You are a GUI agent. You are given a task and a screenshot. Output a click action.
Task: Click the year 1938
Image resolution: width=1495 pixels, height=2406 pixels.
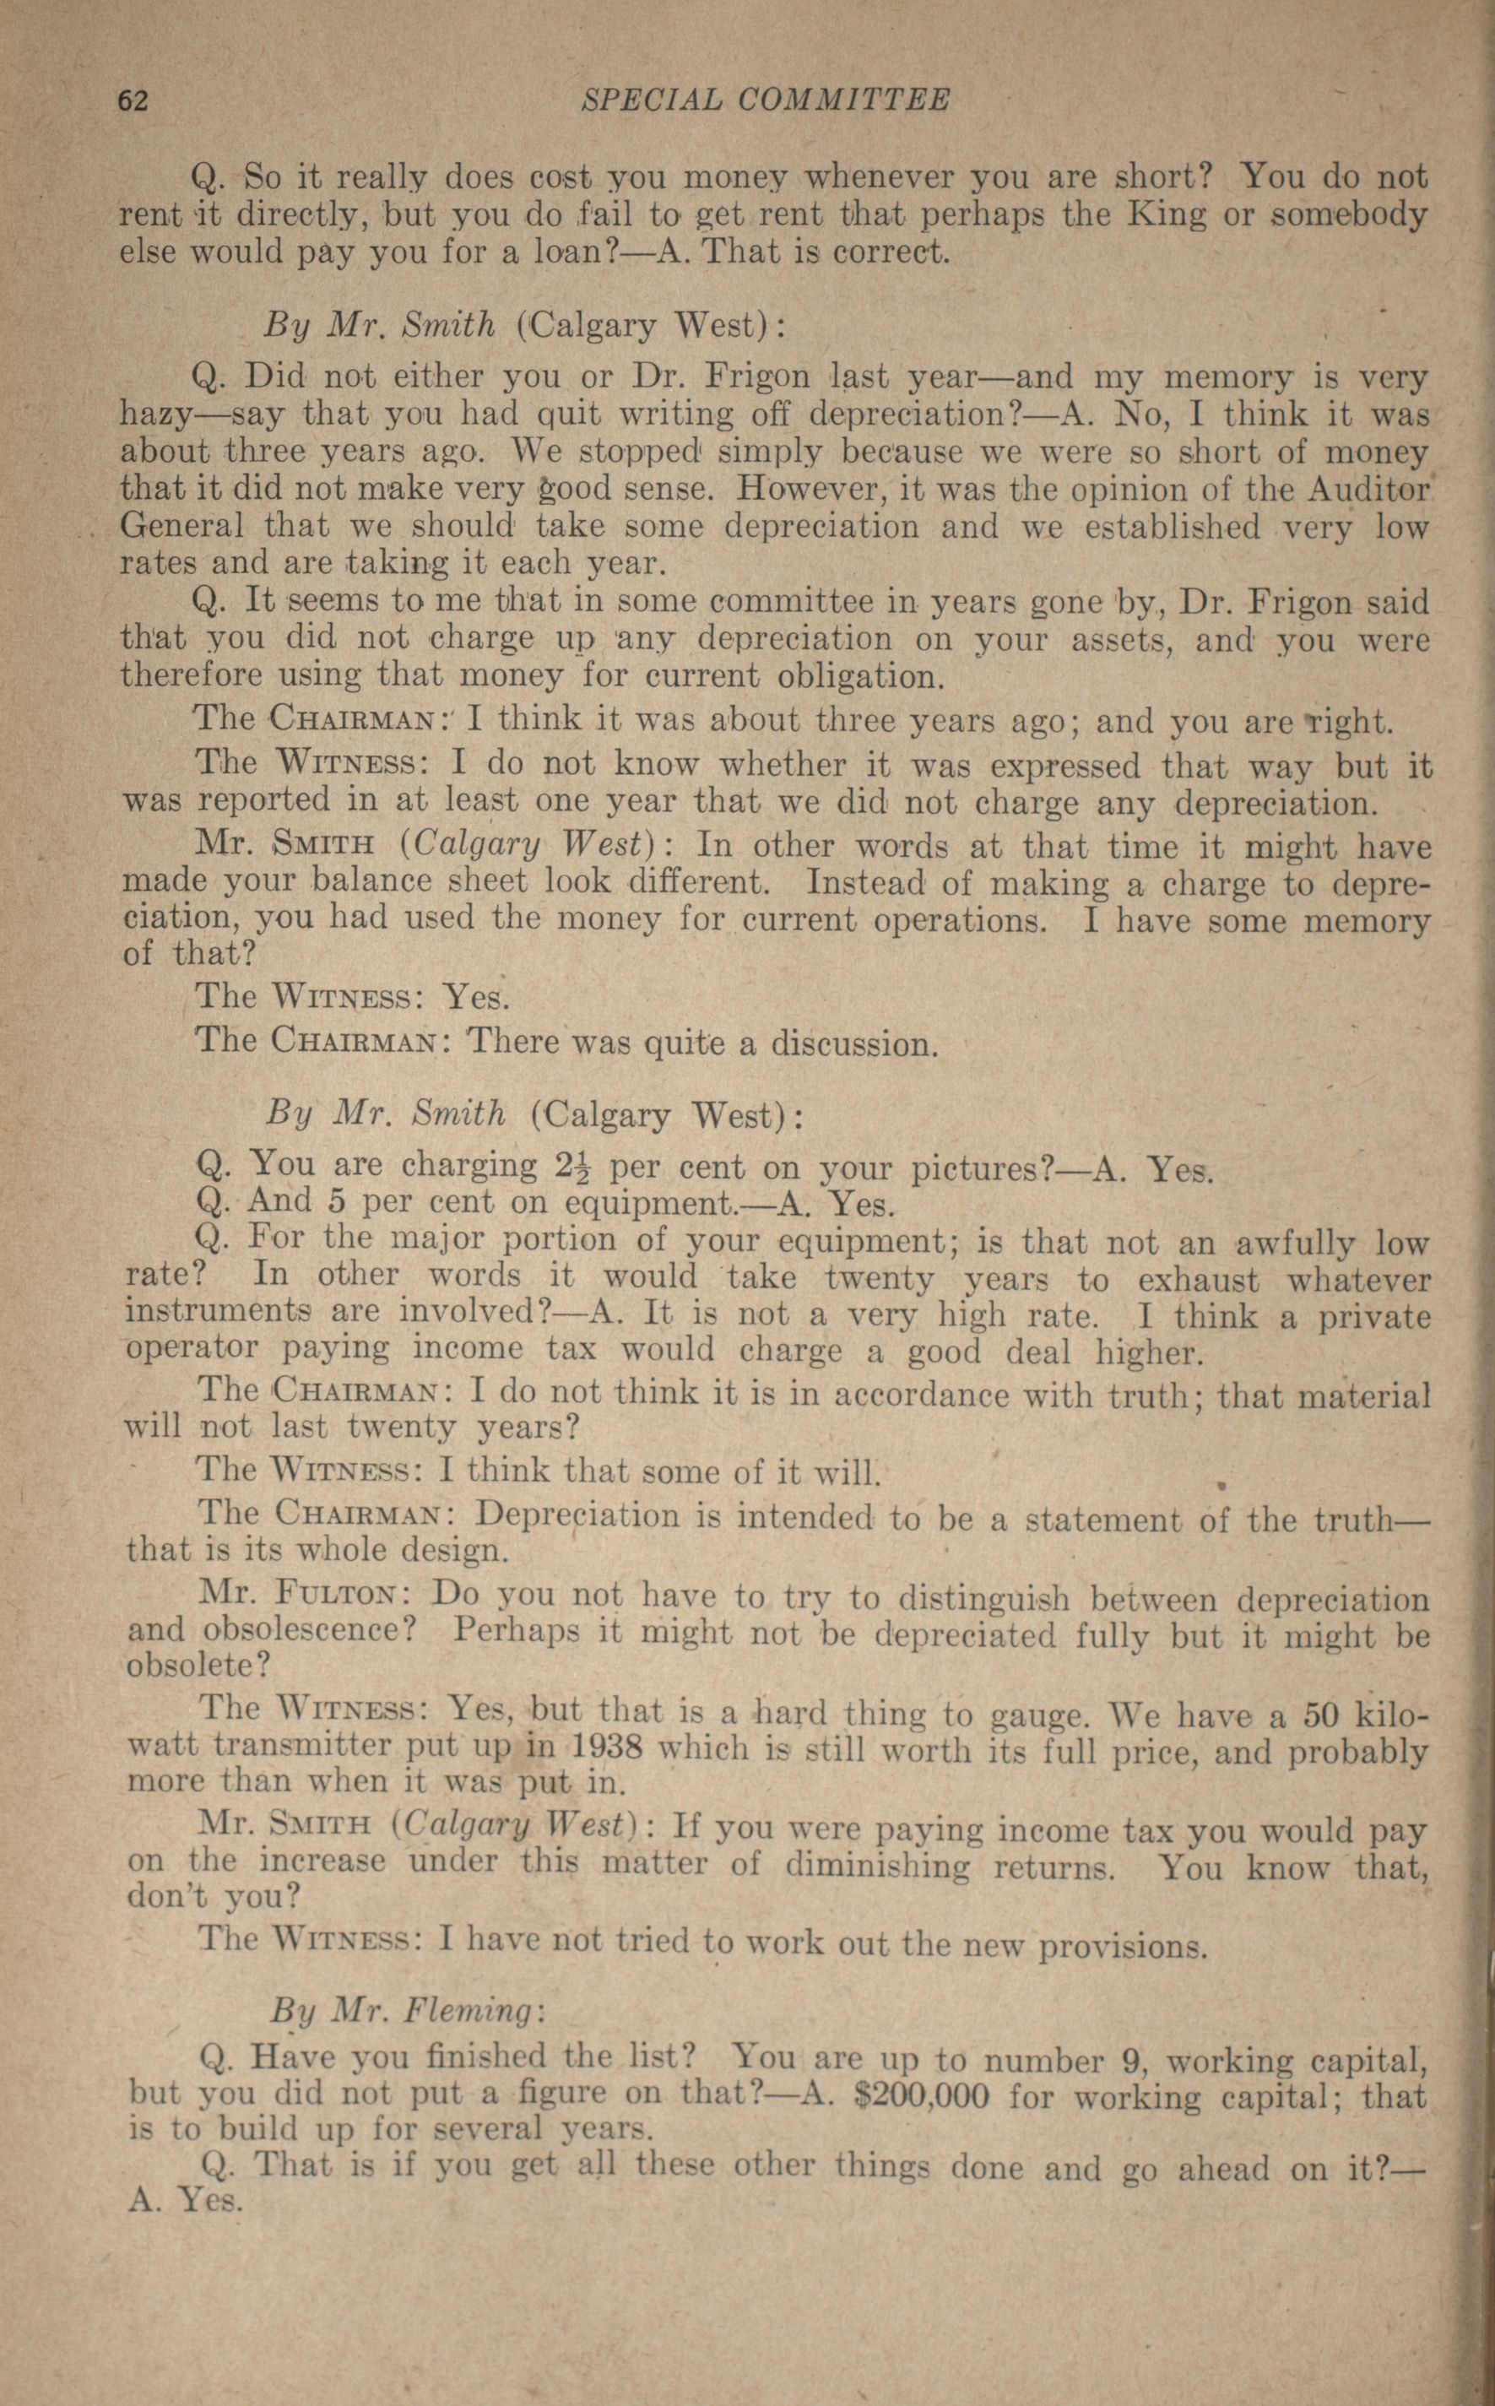605,1748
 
